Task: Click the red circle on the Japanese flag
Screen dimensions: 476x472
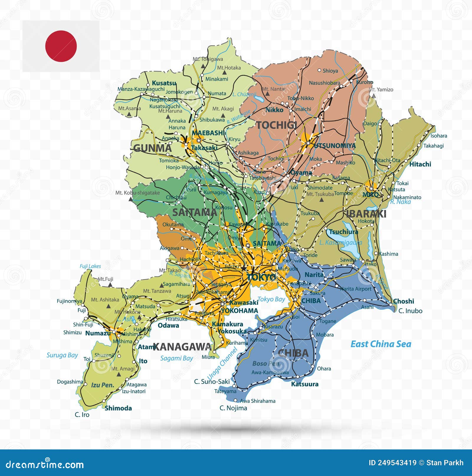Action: tap(61, 46)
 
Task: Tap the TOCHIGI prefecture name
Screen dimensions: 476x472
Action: tap(276, 125)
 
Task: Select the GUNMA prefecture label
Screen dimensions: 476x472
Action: tap(152, 148)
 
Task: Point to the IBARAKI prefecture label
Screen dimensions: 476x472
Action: tap(366, 214)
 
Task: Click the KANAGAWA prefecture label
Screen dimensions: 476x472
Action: tap(182, 347)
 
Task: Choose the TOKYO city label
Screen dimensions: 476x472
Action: tap(261, 277)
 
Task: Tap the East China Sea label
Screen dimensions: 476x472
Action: tap(381, 344)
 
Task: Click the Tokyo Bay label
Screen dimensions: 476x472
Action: tap(271, 299)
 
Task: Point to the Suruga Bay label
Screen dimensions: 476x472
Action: tap(62, 355)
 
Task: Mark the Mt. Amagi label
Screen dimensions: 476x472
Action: tap(123, 369)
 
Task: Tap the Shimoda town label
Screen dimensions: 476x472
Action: tap(118, 408)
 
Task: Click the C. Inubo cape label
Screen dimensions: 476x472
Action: tap(410, 311)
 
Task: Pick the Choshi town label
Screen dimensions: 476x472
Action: tap(404, 301)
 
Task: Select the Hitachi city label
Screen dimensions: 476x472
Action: tap(420, 164)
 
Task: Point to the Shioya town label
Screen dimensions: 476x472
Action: tap(330, 71)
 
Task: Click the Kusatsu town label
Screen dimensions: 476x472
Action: tap(164, 83)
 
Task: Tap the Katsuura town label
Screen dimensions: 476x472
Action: tap(305, 384)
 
